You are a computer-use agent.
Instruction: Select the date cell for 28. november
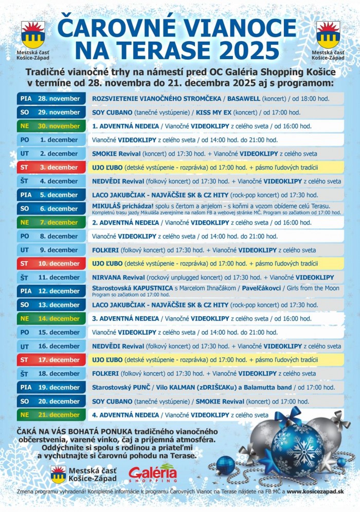coord(51,98)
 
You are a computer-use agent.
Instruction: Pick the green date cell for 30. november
coord(51,126)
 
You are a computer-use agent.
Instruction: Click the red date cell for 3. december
coord(51,167)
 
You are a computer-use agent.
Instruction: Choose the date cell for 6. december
coord(51,209)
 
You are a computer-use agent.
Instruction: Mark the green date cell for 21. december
coord(51,415)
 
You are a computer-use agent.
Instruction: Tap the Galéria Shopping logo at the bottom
coord(153,473)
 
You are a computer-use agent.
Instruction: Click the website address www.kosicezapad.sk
coord(315,492)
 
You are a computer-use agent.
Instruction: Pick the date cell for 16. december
coord(51,346)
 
